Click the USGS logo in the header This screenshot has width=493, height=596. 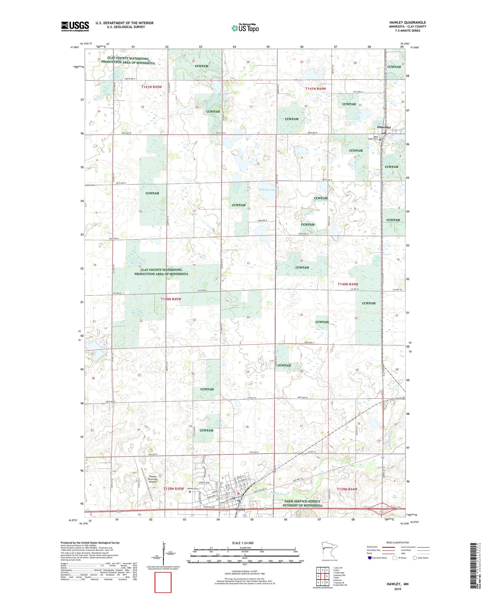pos(75,26)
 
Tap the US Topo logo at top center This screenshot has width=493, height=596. pos(245,28)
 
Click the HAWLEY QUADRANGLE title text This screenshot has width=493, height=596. pos(407,22)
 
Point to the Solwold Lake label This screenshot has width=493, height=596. pos(268,190)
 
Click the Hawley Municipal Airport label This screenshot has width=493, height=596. pos(153,479)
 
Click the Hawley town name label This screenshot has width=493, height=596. pos(240,509)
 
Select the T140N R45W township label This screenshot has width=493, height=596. pos(171,299)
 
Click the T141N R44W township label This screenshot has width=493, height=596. pos(316,89)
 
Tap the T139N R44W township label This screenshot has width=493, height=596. pos(347,489)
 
